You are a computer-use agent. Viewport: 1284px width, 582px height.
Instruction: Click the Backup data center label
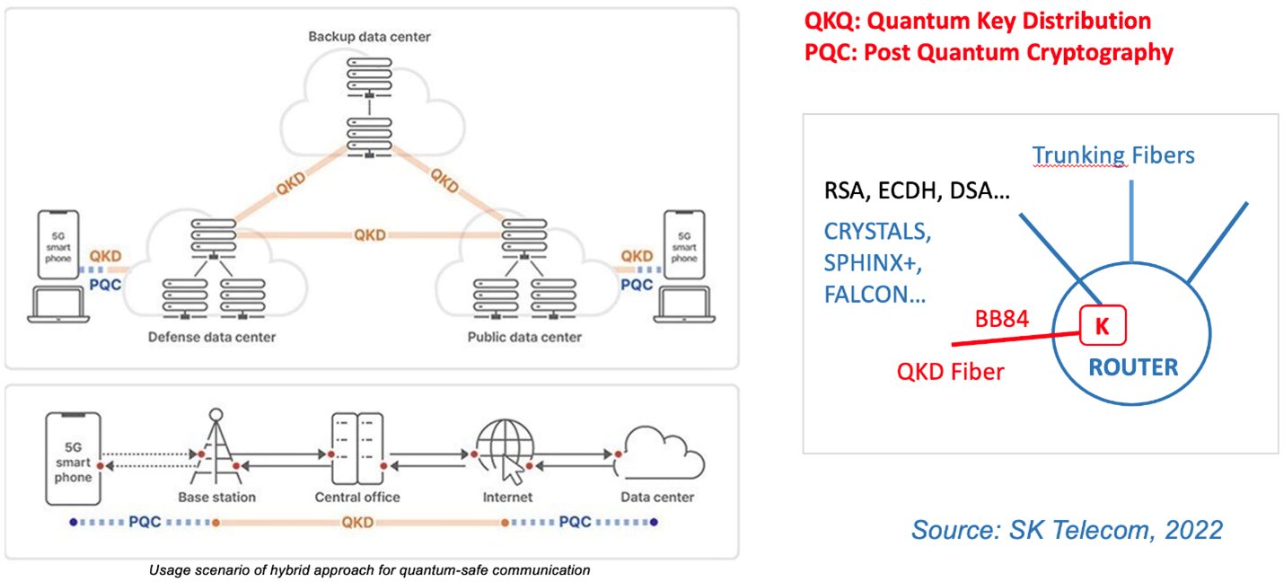(369, 37)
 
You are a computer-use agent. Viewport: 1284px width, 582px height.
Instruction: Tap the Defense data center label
(213, 337)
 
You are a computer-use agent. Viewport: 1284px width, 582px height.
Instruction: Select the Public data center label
(524, 337)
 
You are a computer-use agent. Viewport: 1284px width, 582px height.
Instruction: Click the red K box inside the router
(1102, 327)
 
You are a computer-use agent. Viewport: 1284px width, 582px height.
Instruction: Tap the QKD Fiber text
(950, 370)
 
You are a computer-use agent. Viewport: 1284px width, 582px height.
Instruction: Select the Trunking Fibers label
(1113, 155)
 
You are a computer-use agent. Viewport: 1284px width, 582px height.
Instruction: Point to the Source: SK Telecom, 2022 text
(1066, 529)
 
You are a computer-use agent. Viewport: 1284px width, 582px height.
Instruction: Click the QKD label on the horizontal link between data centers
(369, 235)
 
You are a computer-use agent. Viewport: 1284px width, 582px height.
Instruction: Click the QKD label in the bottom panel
(357, 522)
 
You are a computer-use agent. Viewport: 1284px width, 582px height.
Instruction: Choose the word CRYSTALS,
(877, 231)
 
